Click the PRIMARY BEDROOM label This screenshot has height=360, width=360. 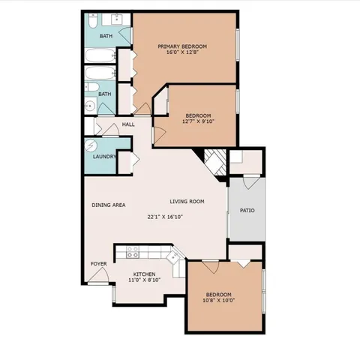point(182,46)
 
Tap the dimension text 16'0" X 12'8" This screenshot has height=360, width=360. point(182,53)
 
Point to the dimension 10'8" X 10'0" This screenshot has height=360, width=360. point(218,301)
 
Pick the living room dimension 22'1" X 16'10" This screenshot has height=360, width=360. point(165,217)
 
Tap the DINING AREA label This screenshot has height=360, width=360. point(108,205)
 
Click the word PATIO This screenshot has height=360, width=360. point(247,210)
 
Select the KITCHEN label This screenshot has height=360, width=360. point(144,274)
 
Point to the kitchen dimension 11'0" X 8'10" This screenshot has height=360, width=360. point(144,281)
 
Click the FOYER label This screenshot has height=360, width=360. point(98,264)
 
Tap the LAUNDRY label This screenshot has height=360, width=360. point(103,157)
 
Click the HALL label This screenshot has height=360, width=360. point(128,124)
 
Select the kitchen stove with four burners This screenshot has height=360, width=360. point(132,253)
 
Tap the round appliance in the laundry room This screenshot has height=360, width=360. point(92,145)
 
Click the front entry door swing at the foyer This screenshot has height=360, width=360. point(97,279)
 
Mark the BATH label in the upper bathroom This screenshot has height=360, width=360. point(106,35)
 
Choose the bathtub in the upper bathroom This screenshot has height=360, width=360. point(98,55)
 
